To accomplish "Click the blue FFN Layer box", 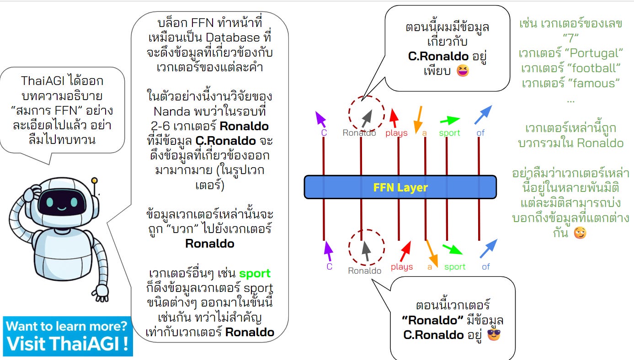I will pyautogui.click(x=400, y=187).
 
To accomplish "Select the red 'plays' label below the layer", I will pyautogui.click(x=402, y=267).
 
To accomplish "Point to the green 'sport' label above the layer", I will pyautogui.click(x=449, y=133).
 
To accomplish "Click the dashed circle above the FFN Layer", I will pyautogui.click(x=366, y=113).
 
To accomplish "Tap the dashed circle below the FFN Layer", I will pyautogui.click(x=366, y=248).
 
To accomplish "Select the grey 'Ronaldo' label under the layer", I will pyautogui.click(x=364, y=270).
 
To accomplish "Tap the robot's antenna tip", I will pyautogui.click(x=95, y=181).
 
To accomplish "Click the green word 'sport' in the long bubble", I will pyautogui.click(x=255, y=274).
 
